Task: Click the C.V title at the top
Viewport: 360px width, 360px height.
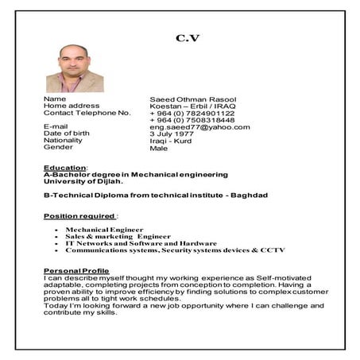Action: (x=188, y=37)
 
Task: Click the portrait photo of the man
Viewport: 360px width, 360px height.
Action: (x=75, y=68)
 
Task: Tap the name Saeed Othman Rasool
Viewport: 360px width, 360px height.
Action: (x=192, y=99)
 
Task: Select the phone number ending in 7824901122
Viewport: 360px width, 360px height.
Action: (x=191, y=113)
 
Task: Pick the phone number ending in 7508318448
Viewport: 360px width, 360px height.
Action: (x=191, y=120)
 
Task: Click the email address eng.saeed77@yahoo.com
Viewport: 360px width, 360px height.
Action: (x=199, y=127)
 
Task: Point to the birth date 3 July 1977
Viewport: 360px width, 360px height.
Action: (x=173, y=134)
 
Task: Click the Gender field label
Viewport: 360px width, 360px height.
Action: (x=58, y=147)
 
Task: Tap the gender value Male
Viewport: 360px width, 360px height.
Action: (x=159, y=148)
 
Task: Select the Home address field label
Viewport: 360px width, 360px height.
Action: (x=72, y=106)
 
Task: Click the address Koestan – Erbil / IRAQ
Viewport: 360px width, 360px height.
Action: (x=192, y=106)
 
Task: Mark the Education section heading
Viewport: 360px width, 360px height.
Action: (x=64, y=168)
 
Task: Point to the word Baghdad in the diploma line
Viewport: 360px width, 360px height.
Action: (x=250, y=195)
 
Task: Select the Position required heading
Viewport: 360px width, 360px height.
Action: (x=79, y=215)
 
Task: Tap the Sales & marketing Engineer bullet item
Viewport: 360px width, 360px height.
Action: (x=118, y=236)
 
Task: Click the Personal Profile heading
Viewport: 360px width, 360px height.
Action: (x=77, y=271)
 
